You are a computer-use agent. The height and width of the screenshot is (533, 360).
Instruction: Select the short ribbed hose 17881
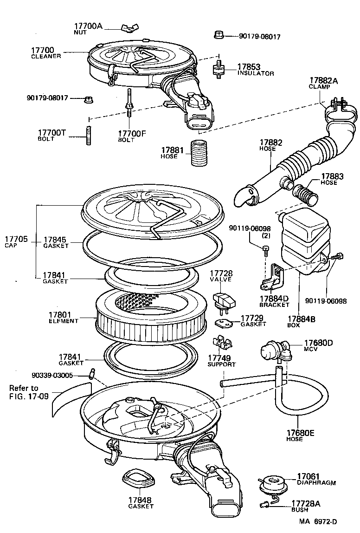point(199,153)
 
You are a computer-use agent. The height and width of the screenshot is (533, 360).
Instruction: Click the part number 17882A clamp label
point(323,83)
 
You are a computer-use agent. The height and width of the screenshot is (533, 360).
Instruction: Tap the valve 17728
point(224,299)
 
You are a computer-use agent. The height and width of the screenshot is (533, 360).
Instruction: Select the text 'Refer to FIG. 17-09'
point(30,392)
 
